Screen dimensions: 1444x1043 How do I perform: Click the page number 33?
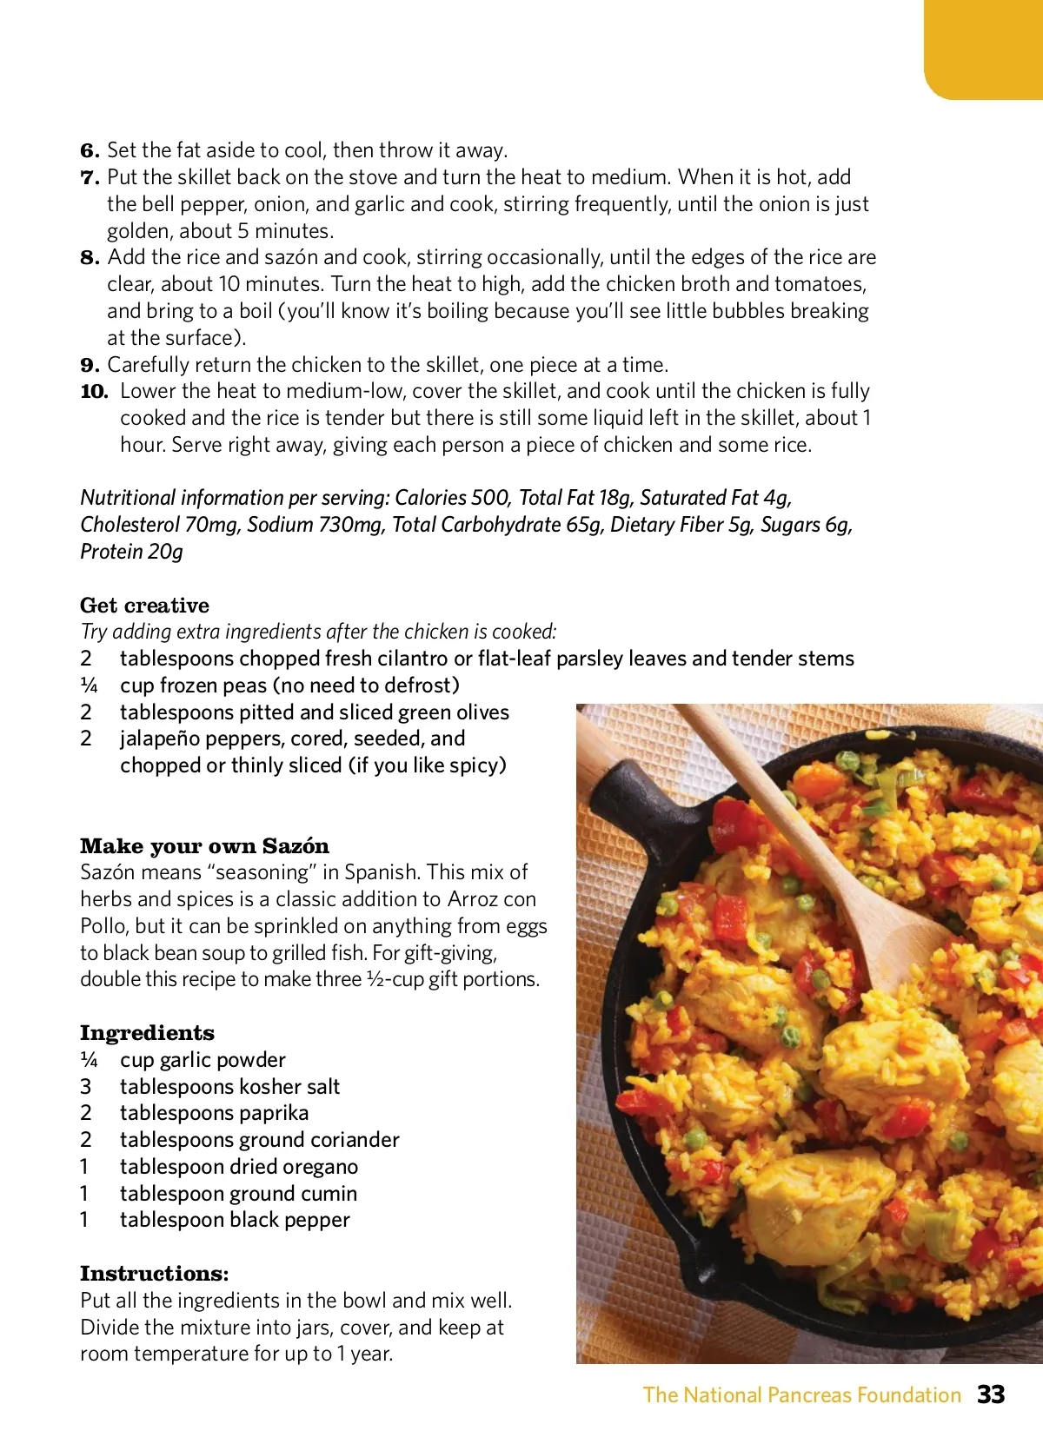point(991,1394)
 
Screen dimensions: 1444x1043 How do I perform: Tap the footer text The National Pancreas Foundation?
point(801,1394)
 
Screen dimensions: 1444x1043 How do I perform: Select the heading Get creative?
point(144,605)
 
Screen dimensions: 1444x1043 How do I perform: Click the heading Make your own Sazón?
point(204,845)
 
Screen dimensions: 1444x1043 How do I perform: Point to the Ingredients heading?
point(147,1032)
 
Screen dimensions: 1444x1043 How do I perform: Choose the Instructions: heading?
point(155,1273)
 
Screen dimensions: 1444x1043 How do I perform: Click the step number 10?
point(94,391)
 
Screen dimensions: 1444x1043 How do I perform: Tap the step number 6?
point(90,150)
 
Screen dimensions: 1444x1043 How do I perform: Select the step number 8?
point(90,257)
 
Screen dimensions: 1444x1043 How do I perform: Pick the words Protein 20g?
point(131,551)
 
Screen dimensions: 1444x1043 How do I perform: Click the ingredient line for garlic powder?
point(203,1059)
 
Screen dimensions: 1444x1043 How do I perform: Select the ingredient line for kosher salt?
point(229,1086)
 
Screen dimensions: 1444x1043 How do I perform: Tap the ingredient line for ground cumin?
point(238,1193)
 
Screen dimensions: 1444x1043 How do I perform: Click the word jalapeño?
point(168,738)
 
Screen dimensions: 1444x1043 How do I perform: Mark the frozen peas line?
point(289,685)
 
